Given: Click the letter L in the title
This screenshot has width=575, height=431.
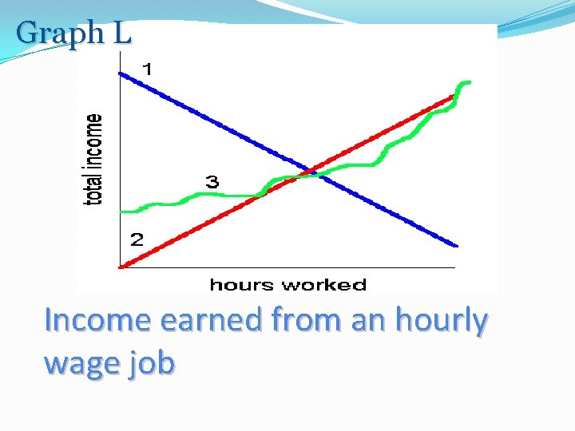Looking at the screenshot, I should [121, 34].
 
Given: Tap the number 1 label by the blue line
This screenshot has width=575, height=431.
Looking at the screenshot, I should [147, 69].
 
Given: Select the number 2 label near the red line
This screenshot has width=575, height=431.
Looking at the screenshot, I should [137, 239].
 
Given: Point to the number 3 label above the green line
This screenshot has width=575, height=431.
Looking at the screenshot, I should [212, 182].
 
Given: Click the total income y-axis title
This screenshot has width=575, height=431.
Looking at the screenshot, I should [94, 159].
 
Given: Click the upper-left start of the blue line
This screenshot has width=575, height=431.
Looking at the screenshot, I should [121, 73].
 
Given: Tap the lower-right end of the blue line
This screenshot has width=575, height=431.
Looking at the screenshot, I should [456, 245].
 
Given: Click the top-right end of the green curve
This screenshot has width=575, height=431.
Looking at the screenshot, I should [468, 81].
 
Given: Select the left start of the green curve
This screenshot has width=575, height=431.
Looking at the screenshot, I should [122, 212].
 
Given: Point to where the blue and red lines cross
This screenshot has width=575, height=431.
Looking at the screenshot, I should [311, 172].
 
